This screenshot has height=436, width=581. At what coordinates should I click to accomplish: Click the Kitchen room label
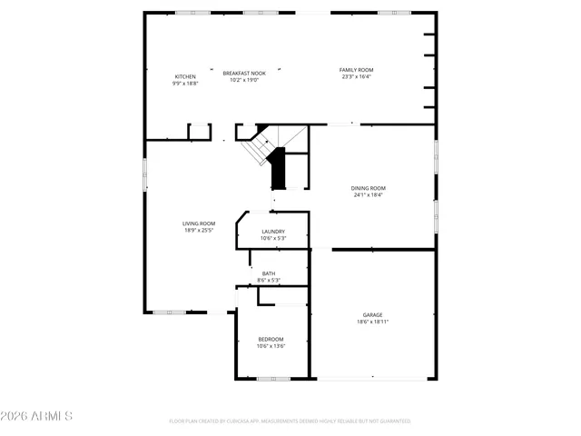(x=185, y=76)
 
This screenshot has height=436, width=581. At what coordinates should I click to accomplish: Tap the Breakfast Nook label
(x=244, y=73)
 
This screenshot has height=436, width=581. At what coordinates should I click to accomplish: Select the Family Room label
(x=357, y=70)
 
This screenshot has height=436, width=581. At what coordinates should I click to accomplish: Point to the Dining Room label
(x=369, y=188)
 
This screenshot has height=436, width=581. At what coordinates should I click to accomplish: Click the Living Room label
(x=199, y=223)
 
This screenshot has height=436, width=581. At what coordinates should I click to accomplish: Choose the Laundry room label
(x=273, y=232)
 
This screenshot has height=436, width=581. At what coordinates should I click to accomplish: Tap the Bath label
(x=269, y=273)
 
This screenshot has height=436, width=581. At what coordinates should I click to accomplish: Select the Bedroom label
(x=271, y=339)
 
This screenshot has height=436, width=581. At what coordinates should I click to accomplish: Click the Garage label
(x=373, y=315)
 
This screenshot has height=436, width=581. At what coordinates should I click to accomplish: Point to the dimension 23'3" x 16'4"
(x=357, y=76)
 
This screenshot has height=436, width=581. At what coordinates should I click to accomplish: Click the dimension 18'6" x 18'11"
(x=373, y=322)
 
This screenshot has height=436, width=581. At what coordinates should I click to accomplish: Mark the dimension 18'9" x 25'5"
(x=199, y=230)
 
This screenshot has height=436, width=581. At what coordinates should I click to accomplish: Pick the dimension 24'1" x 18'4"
(x=369, y=194)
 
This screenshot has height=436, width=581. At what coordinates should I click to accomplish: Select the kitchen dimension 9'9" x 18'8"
(x=185, y=83)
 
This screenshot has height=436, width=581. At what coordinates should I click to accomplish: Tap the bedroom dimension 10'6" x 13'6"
(x=271, y=345)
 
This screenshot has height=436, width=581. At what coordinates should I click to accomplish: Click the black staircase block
(x=279, y=170)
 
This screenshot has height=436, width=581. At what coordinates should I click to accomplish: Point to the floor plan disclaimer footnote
(x=290, y=421)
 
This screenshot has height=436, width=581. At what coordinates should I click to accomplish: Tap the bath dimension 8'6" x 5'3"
(x=269, y=280)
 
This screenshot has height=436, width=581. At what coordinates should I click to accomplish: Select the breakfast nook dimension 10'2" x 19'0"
(x=244, y=79)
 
